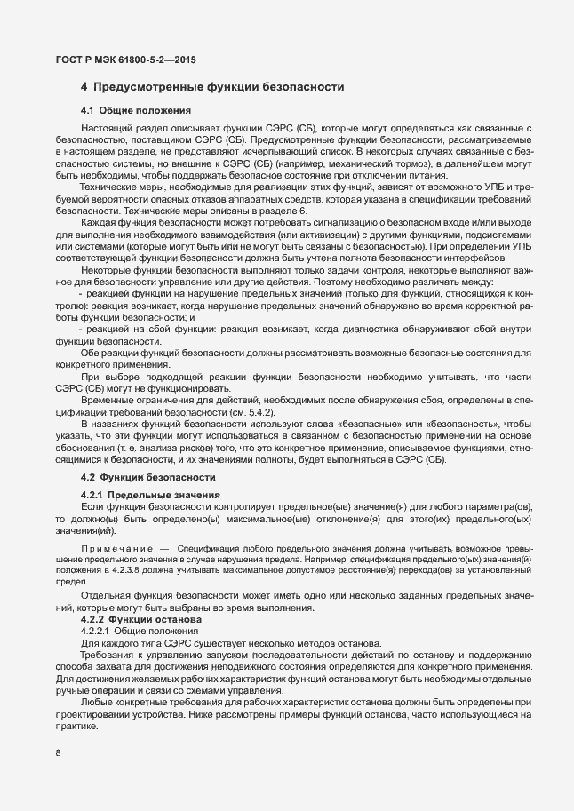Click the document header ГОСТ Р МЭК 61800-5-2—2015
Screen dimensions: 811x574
[x=125, y=60]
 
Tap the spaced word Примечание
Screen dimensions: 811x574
[x=116, y=551]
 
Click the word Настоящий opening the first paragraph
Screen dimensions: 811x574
[x=106, y=130]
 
